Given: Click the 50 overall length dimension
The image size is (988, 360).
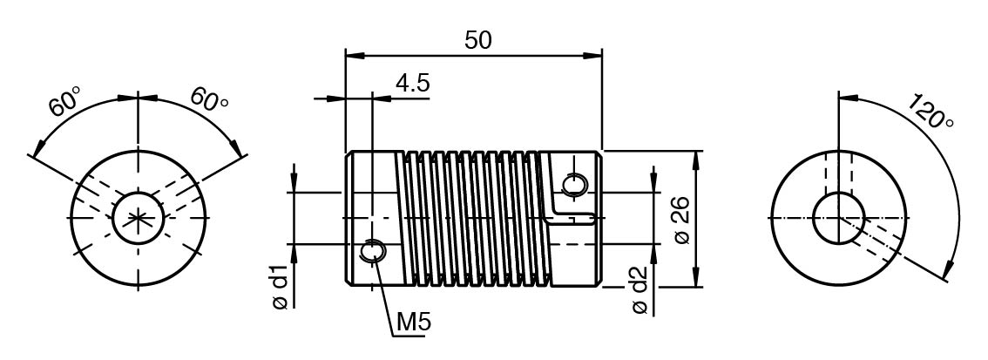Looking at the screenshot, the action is tap(477, 40).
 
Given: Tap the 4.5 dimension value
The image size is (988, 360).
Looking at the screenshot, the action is tap(412, 83).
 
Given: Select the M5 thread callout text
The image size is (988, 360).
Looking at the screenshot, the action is tap(414, 323).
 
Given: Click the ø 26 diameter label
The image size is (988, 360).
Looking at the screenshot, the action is tap(683, 220).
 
